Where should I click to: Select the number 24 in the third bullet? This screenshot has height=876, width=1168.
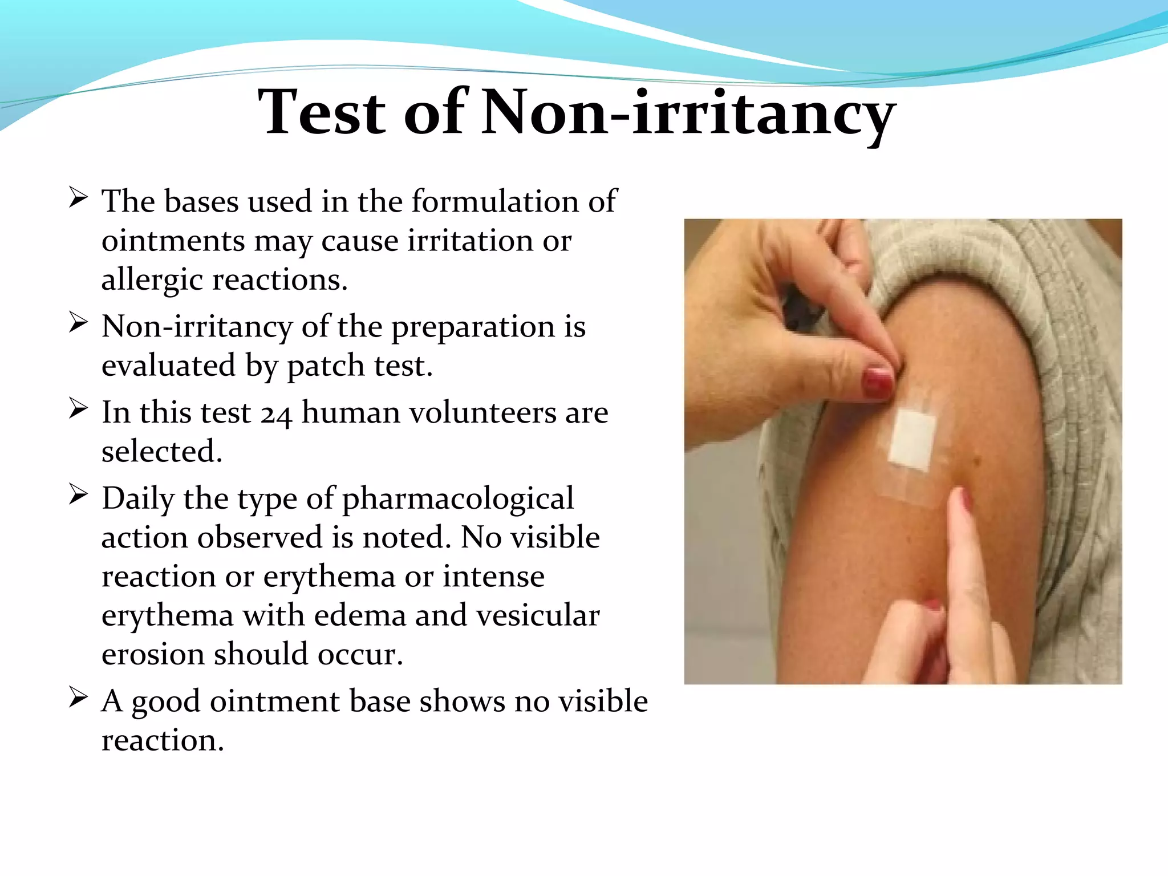(x=276, y=414)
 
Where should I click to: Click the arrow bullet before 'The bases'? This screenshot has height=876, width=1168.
(x=78, y=198)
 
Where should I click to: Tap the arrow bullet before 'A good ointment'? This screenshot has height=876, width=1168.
(x=78, y=697)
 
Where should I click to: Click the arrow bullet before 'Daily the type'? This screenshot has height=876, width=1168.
(x=78, y=495)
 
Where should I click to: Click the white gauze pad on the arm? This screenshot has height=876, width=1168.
(x=911, y=439)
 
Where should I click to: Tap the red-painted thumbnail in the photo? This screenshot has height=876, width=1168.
(x=877, y=383)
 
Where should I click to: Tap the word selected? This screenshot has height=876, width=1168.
(x=162, y=452)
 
